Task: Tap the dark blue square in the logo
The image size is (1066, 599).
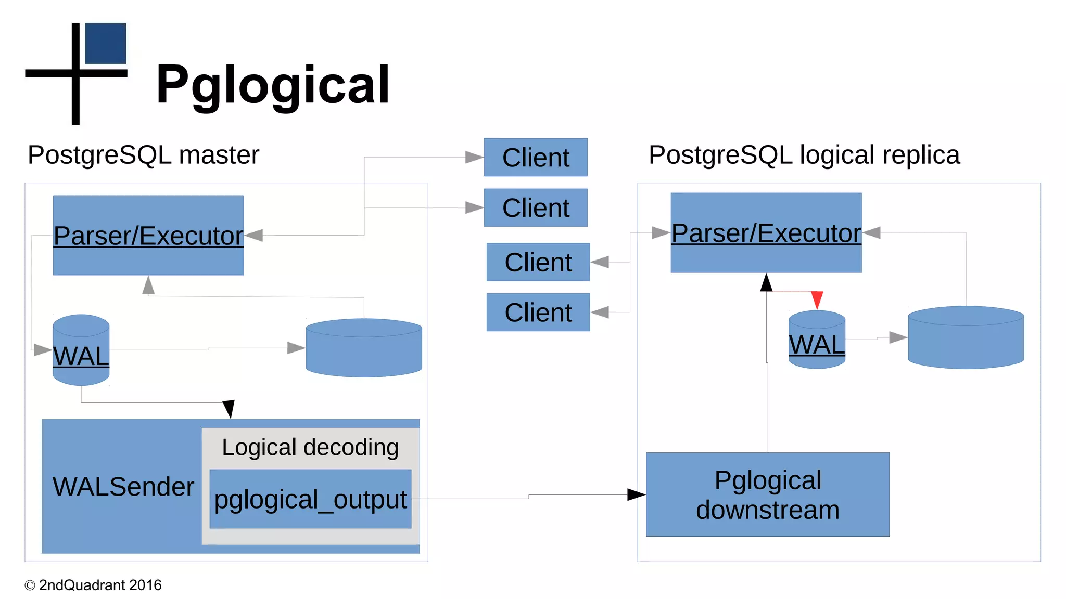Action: click(106, 43)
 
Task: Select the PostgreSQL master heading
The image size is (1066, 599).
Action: click(143, 155)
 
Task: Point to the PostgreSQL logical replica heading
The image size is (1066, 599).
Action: click(804, 155)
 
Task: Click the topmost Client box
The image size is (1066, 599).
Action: click(536, 158)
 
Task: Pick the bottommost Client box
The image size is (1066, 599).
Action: click(538, 312)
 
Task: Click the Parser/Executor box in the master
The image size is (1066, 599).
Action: click(148, 236)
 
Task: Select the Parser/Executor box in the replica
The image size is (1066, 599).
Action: click(766, 233)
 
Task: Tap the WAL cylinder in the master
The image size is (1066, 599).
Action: click(81, 350)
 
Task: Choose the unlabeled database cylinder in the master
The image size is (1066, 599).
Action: click(364, 348)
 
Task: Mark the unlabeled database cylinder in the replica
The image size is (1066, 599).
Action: click(966, 338)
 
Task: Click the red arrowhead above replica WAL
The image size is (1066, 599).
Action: click(817, 299)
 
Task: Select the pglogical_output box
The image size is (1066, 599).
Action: click(310, 499)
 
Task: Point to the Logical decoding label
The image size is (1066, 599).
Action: click(310, 447)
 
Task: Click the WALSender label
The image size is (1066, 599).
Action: click(123, 487)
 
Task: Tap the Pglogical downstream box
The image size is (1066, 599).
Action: click(768, 494)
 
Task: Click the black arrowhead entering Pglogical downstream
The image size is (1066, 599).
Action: click(636, 494)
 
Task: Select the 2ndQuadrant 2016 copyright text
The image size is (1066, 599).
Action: click(94, 585)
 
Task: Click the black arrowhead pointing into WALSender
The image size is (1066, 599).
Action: click(229, 409)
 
